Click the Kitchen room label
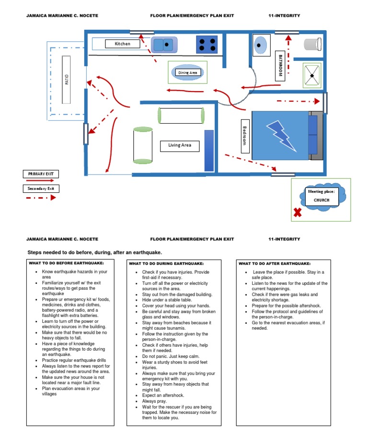pos(122,44)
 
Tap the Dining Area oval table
pos(187,72)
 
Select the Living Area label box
pos(180,145)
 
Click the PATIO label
pos(66,79)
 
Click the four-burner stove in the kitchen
pos(207,45)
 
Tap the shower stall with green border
pos(312,75)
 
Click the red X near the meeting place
pos(298,212)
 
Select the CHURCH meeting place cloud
pos(321,197)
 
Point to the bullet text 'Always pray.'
pos(154,401)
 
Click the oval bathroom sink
pos(259,45)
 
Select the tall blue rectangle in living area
pos(209,150)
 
